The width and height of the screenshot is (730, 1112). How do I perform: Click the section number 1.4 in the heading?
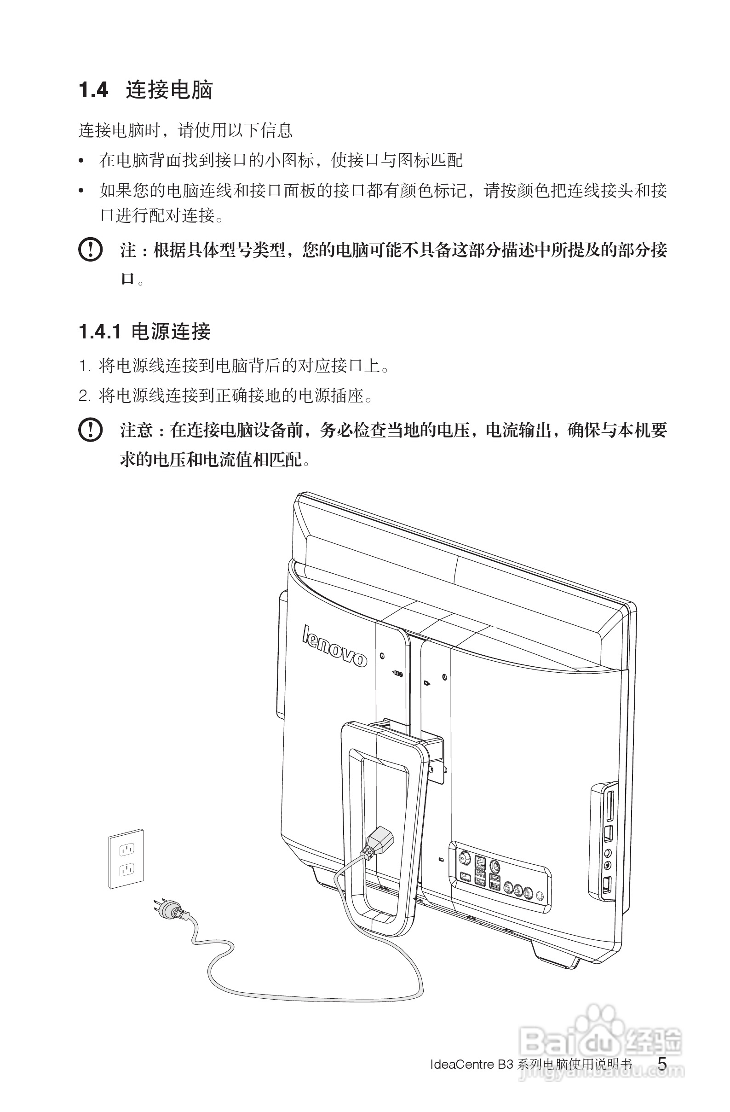(93, 90)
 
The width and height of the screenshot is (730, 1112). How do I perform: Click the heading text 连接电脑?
(169, 90)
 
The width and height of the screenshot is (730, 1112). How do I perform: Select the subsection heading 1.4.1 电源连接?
(145, 332)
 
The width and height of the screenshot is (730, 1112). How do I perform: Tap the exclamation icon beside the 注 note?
(90, 250)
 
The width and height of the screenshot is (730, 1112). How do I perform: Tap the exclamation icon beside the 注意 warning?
(90, 430)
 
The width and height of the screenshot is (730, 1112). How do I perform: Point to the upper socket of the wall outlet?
(126, 849)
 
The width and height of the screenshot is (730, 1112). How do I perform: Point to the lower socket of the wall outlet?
(126, 869)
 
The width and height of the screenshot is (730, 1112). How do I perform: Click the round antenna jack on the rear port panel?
(465, 859)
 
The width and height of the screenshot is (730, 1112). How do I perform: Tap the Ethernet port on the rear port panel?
(480, 861)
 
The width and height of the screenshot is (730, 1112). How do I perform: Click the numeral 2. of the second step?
(84, 396)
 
